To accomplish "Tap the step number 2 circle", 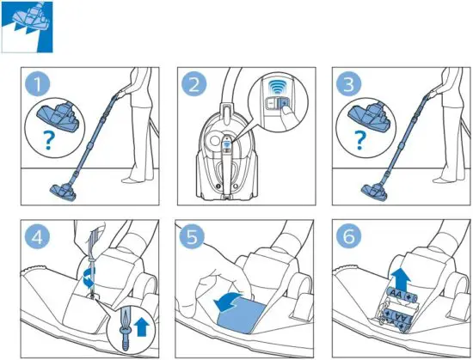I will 194,84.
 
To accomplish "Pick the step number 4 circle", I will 35,234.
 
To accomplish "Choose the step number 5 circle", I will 195,234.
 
